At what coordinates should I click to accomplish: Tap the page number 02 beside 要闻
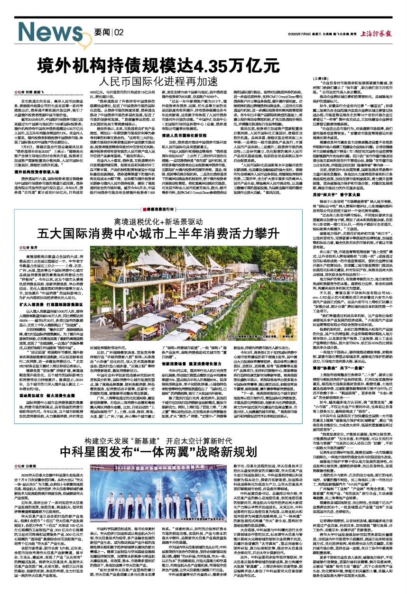pos(119,32)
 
